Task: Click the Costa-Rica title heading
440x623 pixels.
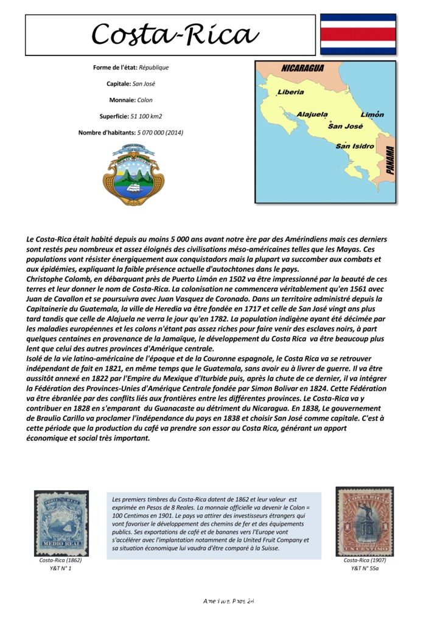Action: pyautogui.click(x=175, y=35)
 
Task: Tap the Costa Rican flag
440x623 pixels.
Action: pyautogui.click(x=358, y=35)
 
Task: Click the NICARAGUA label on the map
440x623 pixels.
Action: pyautogui.click(x=302, y=69)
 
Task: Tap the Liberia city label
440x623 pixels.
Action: pyautogui.click(x=291, y=92)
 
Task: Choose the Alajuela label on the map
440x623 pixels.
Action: pyautogui.click(x=312, y=114)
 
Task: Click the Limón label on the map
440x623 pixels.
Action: pyautogui.click(x=372, y=114)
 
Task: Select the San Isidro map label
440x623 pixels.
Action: pyautogui.click(x=355, y=146)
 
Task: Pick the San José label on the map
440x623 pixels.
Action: pyautogui.click(x=345, y=126)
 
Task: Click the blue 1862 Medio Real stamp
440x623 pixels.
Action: pyautogui.click(x=61, y=523)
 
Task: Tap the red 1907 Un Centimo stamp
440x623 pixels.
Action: pyautogui.click(x=365, y=521)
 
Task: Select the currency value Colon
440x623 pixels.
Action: pyautogui.click(x=145, y=99)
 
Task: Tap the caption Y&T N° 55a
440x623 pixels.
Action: pyautogui.click(x=365, y=568)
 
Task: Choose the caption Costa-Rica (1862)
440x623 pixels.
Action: pyautogui.click(x=61, y=560)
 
